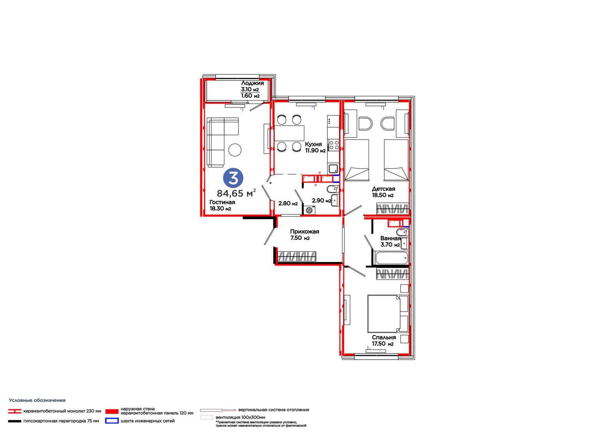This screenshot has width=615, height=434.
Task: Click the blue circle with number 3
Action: (x=233, y=178)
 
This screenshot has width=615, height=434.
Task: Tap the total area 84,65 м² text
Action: (x=236, y=193)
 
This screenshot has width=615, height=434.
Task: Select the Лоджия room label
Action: (x=252, y=83)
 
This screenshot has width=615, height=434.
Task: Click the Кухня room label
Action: (x=313, y=144)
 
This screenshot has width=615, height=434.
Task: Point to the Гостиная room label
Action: (x=222, y=202)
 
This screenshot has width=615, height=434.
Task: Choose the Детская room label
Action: (x=384, y=189)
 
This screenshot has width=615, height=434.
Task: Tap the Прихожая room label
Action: (x=304, y=232)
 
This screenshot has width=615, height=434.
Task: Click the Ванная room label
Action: (x=391, y=238)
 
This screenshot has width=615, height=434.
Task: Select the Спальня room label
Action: (x=384, y=338)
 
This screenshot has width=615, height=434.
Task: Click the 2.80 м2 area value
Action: (x=288, y=203)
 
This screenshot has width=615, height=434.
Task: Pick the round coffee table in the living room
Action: (x=235, y=150)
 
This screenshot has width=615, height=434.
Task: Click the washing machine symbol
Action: (x=309, y=210)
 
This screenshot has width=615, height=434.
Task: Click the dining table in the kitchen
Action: (x=289, y=133)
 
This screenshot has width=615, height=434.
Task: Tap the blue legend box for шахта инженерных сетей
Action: (x=112, y=421)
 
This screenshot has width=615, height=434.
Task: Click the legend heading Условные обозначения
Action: (x=37, y=400)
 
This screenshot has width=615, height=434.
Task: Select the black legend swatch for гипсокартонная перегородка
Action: (x=15, y=421)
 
